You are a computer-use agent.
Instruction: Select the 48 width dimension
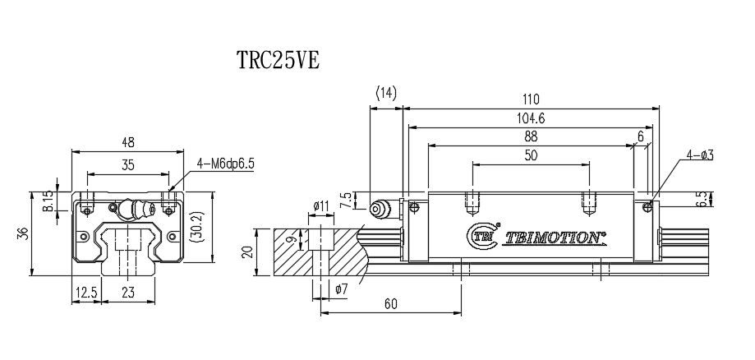[x=128, y=142]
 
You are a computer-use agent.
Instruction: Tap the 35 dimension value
[x=128, y=164]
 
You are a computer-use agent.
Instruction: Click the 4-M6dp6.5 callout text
[x=227, y=164]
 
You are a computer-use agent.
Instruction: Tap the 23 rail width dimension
[x=128, y=293]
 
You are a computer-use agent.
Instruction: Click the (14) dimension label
[x=385, y=94]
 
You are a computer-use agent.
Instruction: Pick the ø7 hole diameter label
[x=343, y=288]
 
